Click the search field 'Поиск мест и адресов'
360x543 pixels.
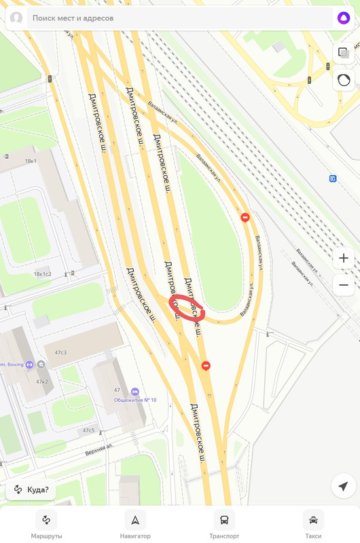click(170, 18)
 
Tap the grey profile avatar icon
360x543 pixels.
click(16, 18)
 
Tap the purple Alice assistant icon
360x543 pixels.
click(344, 18)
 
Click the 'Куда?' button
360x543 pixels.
click(31, 489)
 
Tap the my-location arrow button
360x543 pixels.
click(343, 486)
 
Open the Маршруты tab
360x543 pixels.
click(46, 525)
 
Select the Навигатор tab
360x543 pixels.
click(135, 525)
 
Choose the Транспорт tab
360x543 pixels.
click(224, 525)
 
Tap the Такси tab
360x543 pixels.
click(313, 525)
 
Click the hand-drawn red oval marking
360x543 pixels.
click(186, 307)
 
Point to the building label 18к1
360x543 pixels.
click(31, 162)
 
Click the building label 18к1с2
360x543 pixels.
click(42, 274)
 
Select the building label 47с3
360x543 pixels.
click(60, 352)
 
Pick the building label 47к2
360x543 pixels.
click(42, 381)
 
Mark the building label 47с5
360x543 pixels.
click(89, 430)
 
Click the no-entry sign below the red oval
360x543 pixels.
click(206, 366)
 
